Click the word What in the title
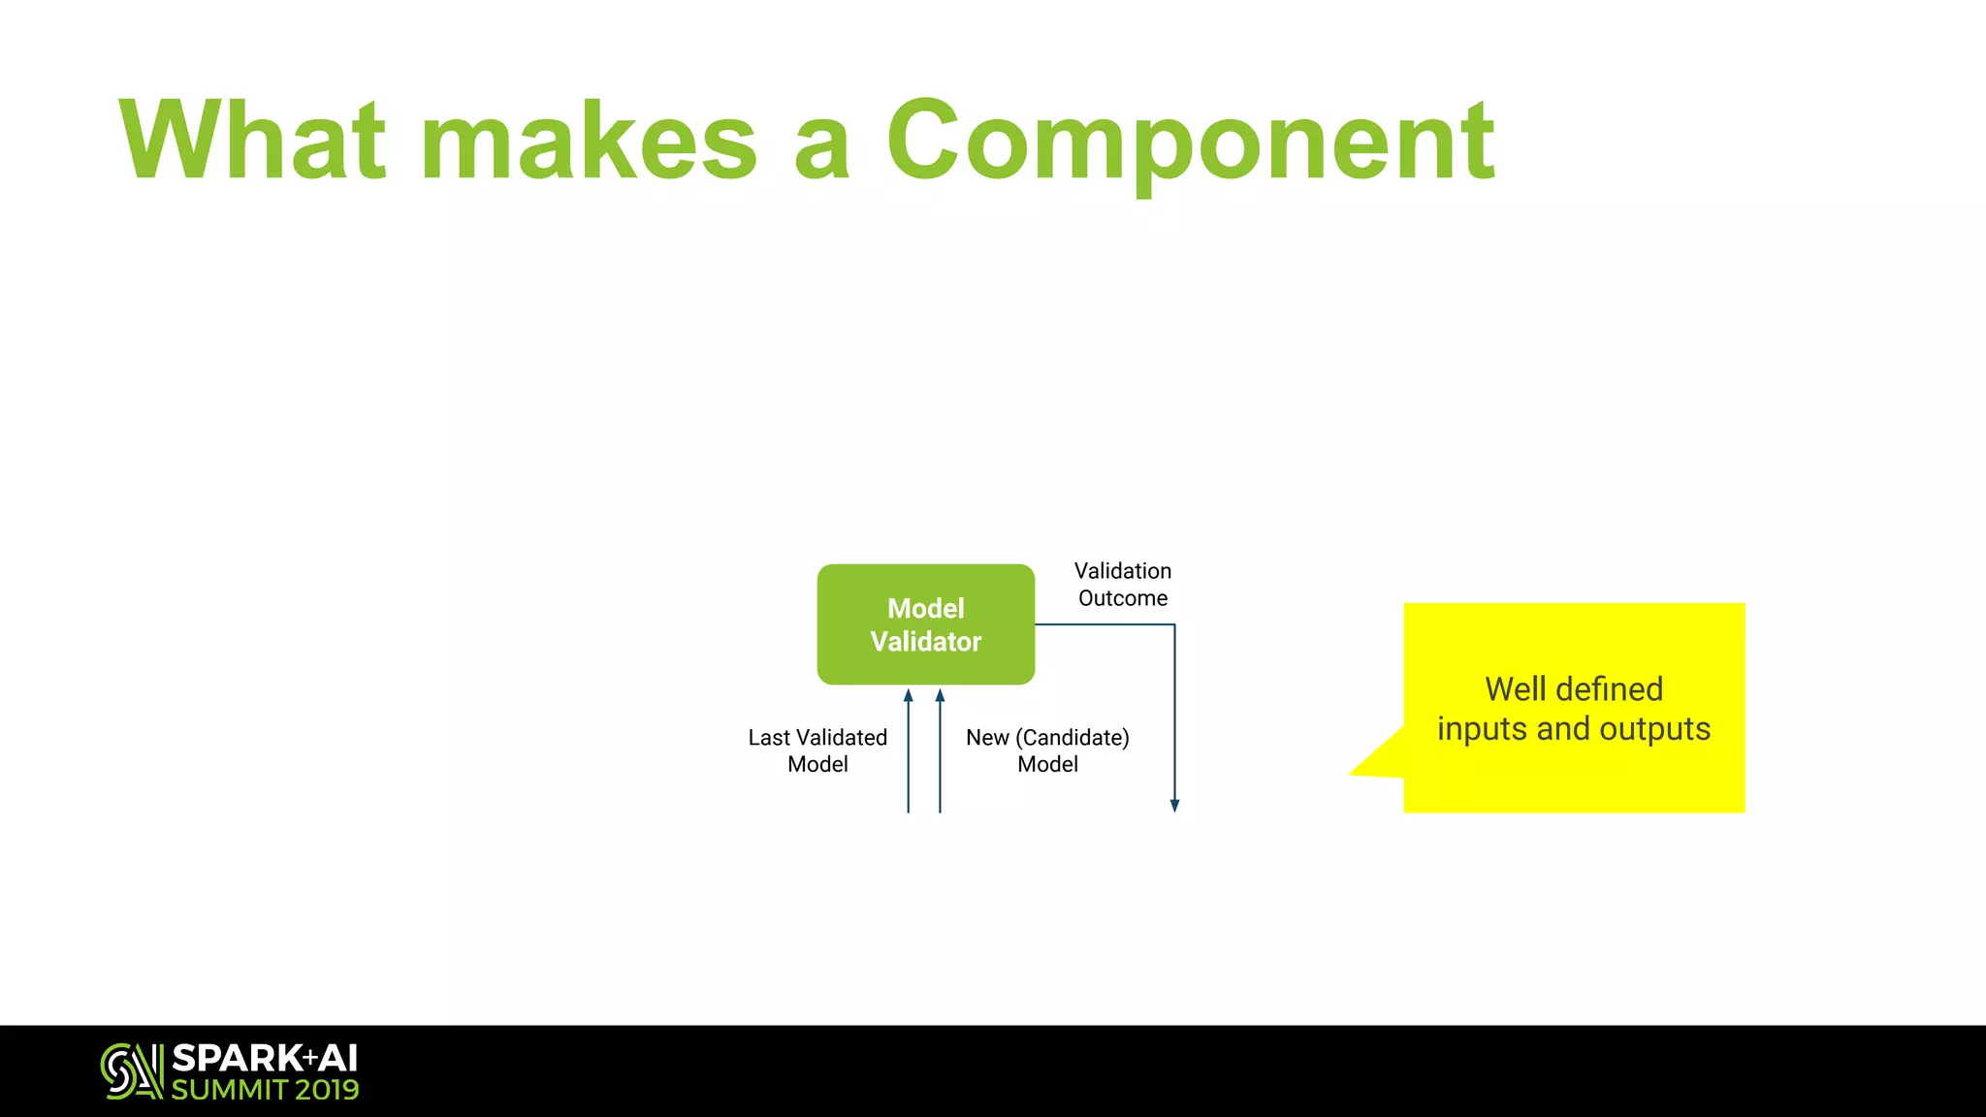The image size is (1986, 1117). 252,141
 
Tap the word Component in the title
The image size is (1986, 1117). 1190,143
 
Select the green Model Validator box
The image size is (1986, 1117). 925,624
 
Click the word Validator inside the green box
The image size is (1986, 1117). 925,642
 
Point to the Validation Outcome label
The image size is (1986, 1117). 1123,585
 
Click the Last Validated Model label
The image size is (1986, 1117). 817,750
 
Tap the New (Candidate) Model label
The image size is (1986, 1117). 1047,750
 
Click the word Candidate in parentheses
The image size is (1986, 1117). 1072,738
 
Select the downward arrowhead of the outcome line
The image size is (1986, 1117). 1174,805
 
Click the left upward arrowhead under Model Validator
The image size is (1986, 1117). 909,695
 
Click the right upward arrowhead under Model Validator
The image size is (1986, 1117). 940,695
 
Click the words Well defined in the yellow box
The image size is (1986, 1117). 1574,689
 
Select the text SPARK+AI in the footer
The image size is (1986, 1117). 265,1058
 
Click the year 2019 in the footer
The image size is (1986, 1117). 327,1090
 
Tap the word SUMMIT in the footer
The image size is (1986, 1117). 230,1090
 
